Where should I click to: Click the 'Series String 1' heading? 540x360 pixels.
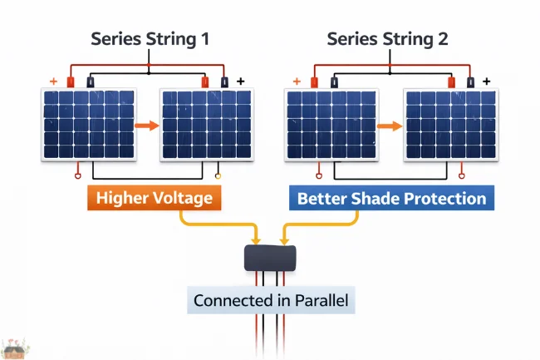(149, 39)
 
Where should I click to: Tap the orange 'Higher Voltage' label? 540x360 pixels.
(154, 199)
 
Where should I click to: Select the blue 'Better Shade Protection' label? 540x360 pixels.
(391, 199)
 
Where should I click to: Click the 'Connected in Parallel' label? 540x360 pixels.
(270, 300)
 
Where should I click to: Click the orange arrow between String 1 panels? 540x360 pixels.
(146, 126)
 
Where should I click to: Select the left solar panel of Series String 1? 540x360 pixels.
(86, 125)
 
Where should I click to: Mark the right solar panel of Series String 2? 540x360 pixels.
(449, 125)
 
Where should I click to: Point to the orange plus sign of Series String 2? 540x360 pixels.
(297, 82)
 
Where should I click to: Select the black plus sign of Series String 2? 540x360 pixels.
(485, 82)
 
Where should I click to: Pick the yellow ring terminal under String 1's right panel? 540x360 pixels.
(218, 176)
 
